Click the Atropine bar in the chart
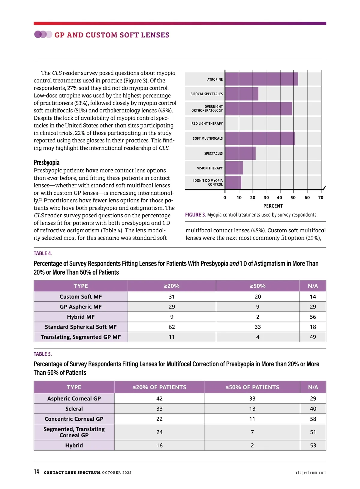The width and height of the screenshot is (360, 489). [261, 79]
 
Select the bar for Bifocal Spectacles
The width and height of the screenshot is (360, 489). [241, 94]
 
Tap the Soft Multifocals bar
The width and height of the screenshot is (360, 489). [260, 139]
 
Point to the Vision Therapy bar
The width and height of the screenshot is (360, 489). [234, 168]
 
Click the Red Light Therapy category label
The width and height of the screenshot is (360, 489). [207, 124]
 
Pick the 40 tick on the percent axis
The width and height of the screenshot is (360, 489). [279, 198]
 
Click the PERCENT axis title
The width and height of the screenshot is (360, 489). [273, 206]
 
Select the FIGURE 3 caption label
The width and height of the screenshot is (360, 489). [195, 215]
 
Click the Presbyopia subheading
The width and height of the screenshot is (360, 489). [46, 163]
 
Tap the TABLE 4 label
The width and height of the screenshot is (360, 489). [43, 253]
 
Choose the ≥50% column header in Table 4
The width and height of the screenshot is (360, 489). [258, 286]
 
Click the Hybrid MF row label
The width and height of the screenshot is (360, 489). [81, 317]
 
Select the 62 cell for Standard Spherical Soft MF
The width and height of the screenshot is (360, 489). [172, 327]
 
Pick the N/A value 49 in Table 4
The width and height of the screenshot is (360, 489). [313, 337]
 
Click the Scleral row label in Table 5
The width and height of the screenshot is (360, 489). [74, 409]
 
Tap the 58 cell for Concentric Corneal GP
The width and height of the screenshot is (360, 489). [313, 419]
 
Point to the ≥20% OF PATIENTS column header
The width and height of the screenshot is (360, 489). [159, 387]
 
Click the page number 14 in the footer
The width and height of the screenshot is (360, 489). [36, 472]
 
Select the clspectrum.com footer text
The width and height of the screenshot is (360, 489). [311, 473]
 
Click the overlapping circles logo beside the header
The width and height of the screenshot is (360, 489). [43, 34]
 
